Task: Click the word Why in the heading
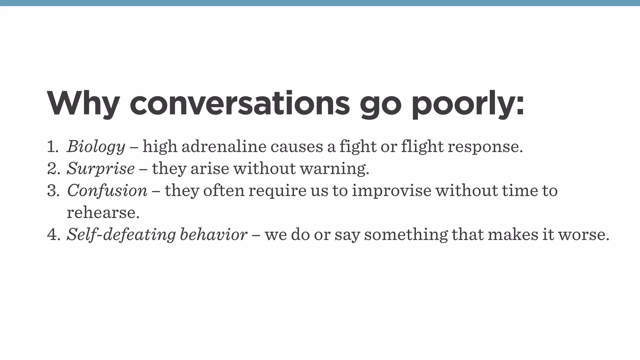click(x=83, y=104)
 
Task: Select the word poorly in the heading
click(x=467, y=104)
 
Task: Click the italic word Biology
click(x=96, y=147)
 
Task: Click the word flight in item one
click(x=422, y=146)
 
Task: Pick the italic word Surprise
click(x=101, y=168)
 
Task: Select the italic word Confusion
click(x=107, y=190)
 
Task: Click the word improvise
click(x=392, y=190)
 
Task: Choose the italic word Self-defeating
click(x=121, y=234)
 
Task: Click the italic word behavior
click(x=214, y=234)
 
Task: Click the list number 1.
click(x=52, y=147)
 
